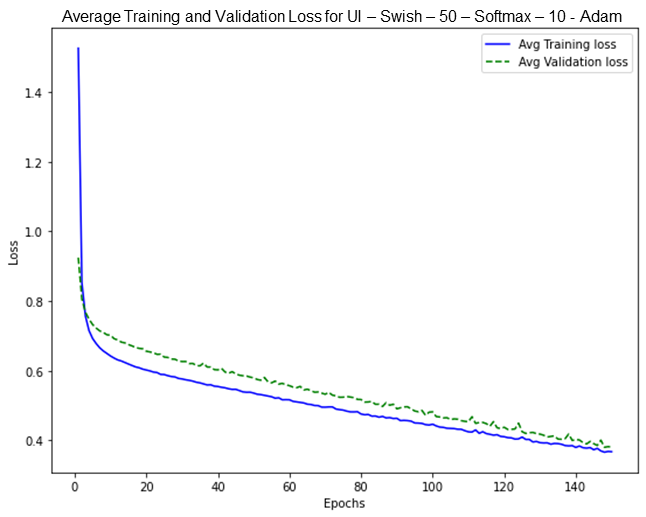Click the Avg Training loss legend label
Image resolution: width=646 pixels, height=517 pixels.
point(567,44)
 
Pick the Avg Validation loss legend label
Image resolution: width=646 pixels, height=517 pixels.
point(573,62)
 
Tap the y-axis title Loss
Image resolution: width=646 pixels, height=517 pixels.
point(14,254)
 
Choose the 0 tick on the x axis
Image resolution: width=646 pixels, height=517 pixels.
point(75,486)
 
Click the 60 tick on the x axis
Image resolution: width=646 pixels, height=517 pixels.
point(289,486)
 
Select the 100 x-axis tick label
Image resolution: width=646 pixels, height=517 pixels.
point(432,486)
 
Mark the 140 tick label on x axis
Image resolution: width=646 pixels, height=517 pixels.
point(575,486)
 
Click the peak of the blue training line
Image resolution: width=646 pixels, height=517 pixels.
point(78,48)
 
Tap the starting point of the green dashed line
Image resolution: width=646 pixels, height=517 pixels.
point(78,259)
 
